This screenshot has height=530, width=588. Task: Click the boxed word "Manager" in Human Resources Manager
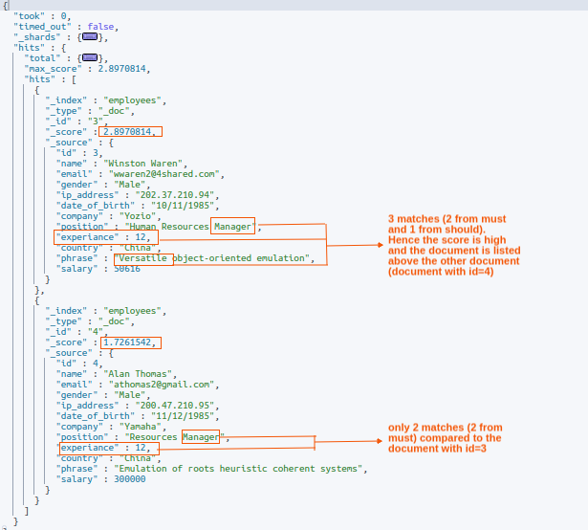pos(233,226)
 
